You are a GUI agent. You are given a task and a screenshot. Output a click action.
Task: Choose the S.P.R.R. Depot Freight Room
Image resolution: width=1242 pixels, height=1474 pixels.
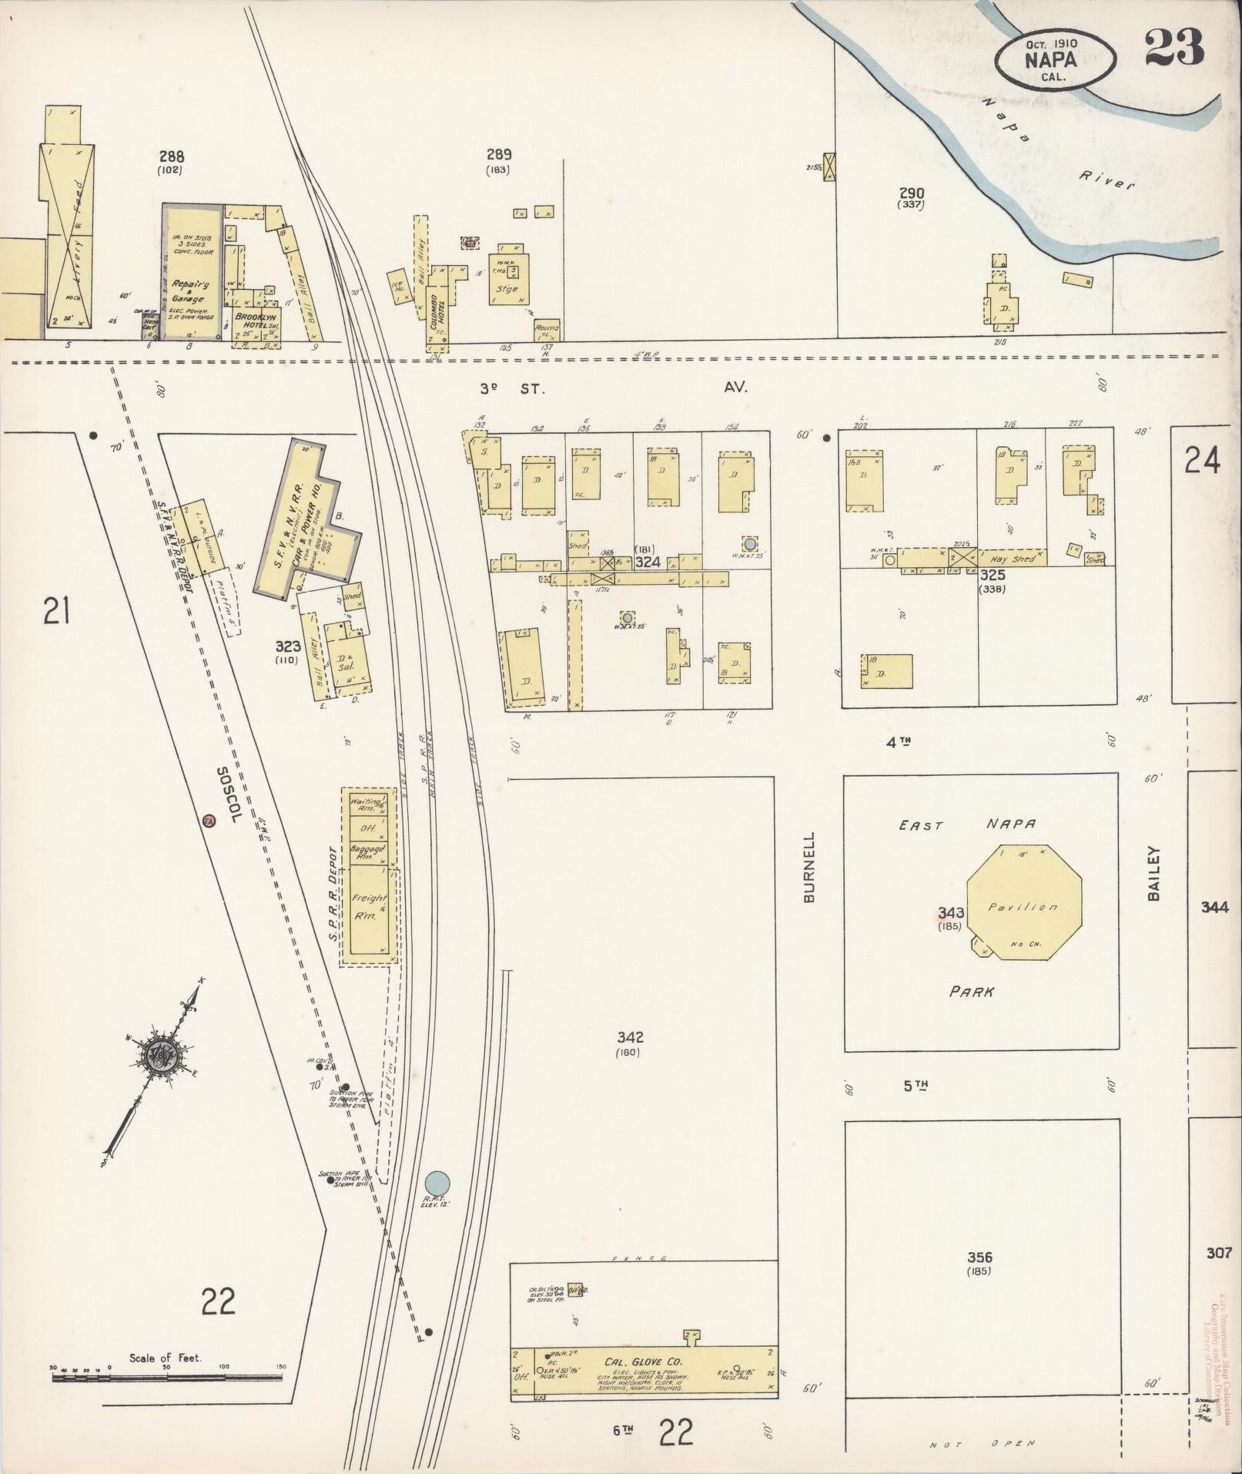367,908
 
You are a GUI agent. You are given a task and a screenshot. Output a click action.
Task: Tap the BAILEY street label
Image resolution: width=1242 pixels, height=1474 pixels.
1153,873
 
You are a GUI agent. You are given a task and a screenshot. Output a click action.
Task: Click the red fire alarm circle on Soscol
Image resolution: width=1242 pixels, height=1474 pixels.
209,821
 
